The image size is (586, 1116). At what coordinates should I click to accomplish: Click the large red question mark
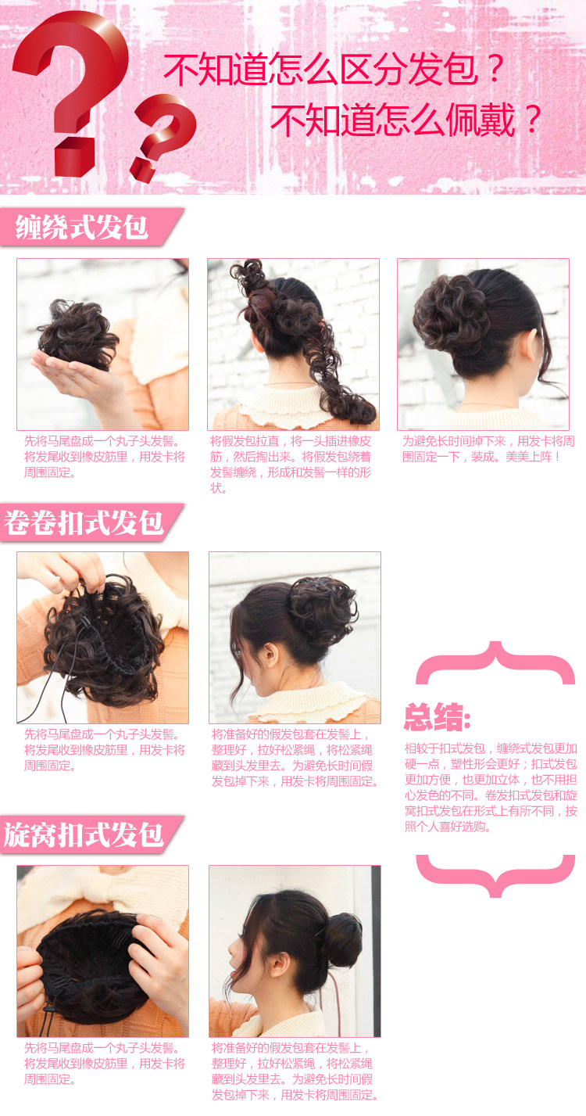click(x=74, y=86)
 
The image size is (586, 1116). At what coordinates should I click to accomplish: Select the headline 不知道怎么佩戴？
click(x=406, y=120)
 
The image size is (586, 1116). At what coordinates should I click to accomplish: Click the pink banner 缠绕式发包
click(x=83, y=228)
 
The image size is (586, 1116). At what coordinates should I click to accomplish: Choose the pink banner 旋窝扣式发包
click(x=84, y=834)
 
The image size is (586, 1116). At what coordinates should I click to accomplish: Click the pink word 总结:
click(x=438, y=716)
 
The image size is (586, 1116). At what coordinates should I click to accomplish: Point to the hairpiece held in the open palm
click(x=78, y=333)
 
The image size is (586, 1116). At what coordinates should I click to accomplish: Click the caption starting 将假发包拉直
click(x=291, y=465)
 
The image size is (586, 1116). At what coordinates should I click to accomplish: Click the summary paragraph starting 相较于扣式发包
click(x=491, y=787)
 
